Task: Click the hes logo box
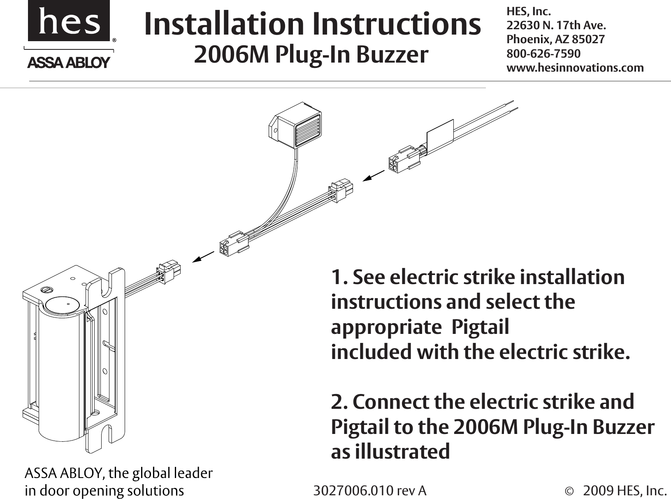tap(69, 21)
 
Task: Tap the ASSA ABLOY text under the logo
tap(69, 63)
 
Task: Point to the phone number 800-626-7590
tap(543, 54)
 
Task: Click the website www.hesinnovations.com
tap(575, 68)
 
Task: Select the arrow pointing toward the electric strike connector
tap(204, 256)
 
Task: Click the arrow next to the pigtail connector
tap(374, 176)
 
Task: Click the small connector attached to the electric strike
tap(168, 271)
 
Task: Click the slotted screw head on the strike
tap(46, 290)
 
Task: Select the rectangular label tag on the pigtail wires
tap(441, 136)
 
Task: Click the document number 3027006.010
tap(354, 491)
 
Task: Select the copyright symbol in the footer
tap(569, 491)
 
